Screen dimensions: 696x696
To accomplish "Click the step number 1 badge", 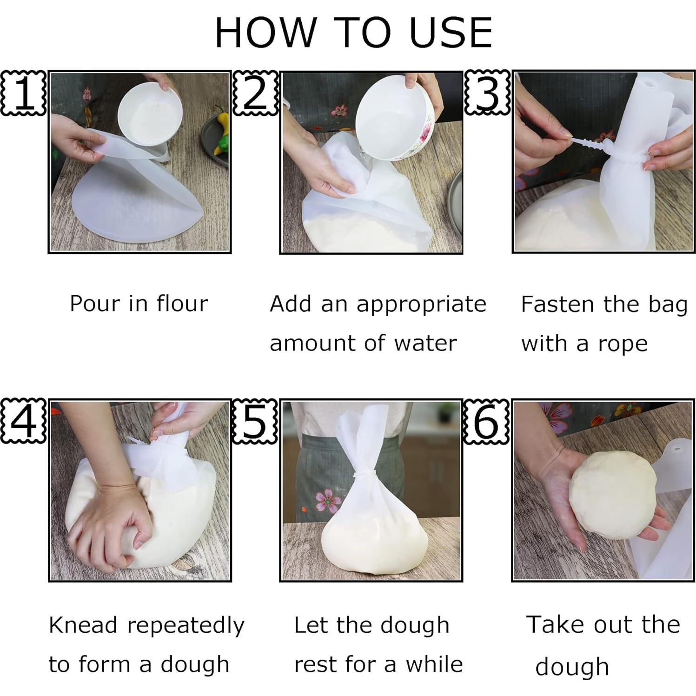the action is (x=23, y=93).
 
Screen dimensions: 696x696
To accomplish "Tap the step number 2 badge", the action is (x=255, y=93).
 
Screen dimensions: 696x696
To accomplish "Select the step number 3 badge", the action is (x=487, y=93).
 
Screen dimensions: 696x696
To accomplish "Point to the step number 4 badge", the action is (x=23, y=421).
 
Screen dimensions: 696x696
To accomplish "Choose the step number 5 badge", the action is (x=255, y=421).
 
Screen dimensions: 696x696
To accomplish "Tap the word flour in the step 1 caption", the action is (x=182, y=304).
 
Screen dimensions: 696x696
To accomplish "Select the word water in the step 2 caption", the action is (x=425, y=344).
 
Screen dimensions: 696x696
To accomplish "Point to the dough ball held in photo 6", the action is (x=612, y=495).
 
